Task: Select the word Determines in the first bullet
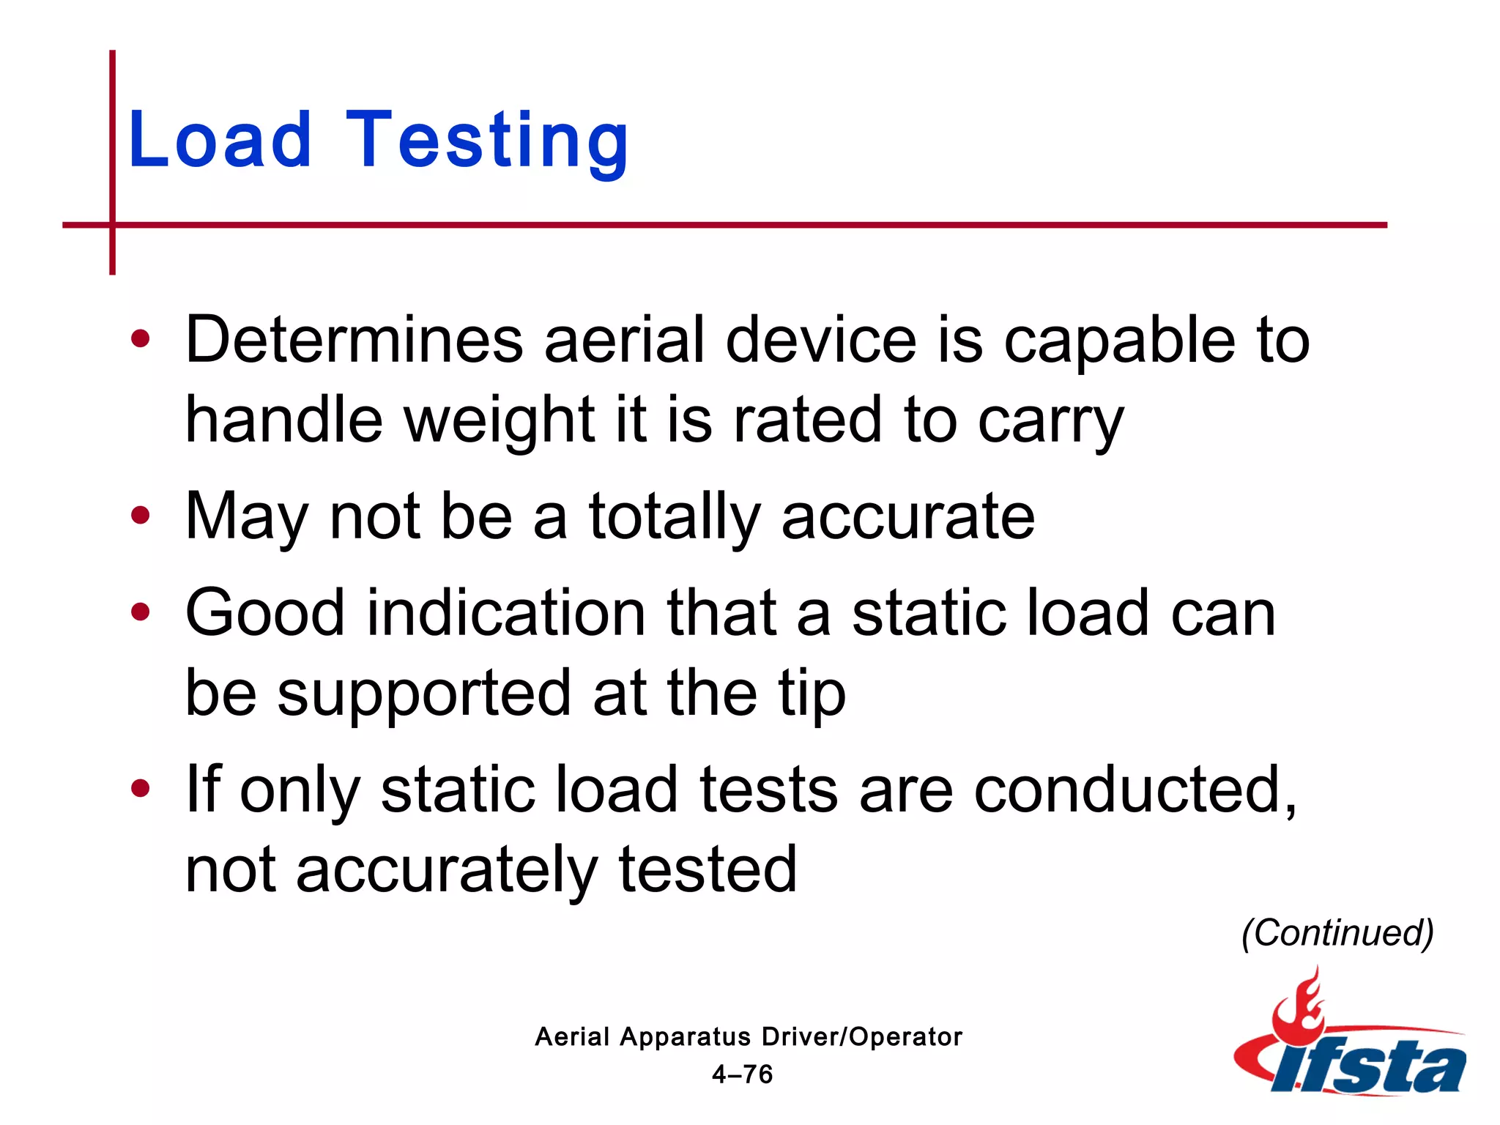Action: (354, 340)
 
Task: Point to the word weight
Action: (500, 420)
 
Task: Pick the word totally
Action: (675, 517)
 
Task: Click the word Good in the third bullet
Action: (264, 613)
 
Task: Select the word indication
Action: (505, 613)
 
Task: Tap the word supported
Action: (424, 694)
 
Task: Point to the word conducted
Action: (1135, 790)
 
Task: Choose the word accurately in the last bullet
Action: (447, 871)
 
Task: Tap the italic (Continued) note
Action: (1337, 933)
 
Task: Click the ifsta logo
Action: (1349, 1040)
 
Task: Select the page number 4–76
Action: (742, 1074)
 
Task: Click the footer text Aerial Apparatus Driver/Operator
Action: (748, 1036)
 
